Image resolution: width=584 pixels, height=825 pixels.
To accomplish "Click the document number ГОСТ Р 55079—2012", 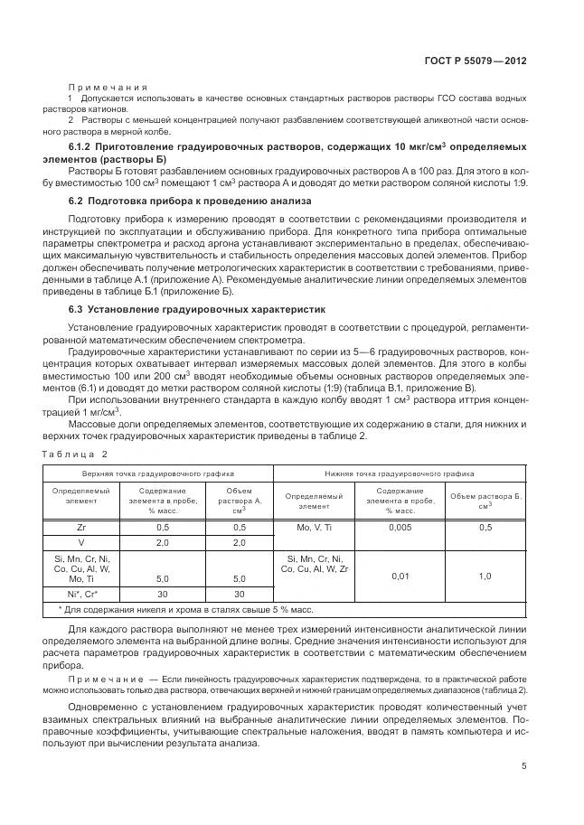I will (x=475, y=61).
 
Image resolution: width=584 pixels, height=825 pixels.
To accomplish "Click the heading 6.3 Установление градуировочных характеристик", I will (x=203, y=309).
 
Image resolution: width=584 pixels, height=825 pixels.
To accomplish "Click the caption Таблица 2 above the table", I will (x=74, y=454).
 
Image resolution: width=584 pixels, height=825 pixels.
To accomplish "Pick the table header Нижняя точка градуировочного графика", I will (x=399, y=473).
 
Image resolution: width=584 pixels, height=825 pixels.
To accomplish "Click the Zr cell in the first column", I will (x=81, y=527).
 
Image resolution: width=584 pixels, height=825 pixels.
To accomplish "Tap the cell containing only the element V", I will (x=81, y=542).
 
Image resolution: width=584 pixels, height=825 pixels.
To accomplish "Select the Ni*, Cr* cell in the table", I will (x=81, y=594).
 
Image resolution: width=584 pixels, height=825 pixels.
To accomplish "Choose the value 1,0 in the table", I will (x=485, y=576).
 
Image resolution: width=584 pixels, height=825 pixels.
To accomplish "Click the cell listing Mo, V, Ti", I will (x=315, y=527).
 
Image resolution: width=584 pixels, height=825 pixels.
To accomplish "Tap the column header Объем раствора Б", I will (x=485, y=501).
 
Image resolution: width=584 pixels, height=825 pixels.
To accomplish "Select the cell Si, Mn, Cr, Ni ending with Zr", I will (x=316, y=564).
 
